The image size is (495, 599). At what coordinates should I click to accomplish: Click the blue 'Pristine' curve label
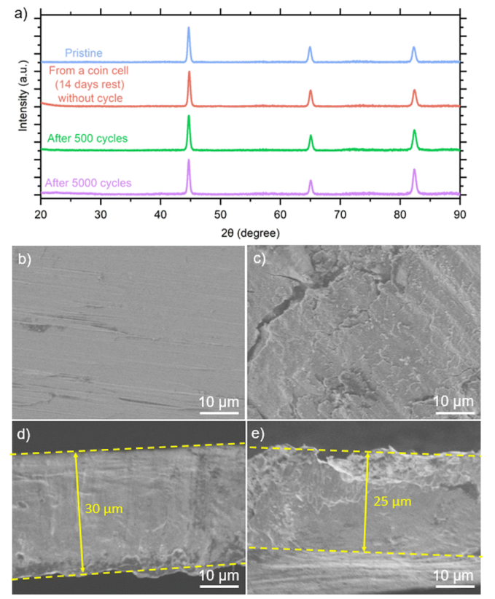point(83,53)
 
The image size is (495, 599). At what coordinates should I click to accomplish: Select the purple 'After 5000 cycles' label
point(88,183)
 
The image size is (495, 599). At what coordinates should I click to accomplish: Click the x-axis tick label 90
point(459,215)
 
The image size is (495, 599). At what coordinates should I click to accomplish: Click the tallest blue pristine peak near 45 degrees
point(189,29)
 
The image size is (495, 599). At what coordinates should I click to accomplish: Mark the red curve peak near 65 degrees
point(310,92)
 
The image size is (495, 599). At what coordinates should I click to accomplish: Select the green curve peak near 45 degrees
point(189,117)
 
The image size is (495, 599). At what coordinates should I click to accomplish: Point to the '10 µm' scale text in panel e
point(453,575)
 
